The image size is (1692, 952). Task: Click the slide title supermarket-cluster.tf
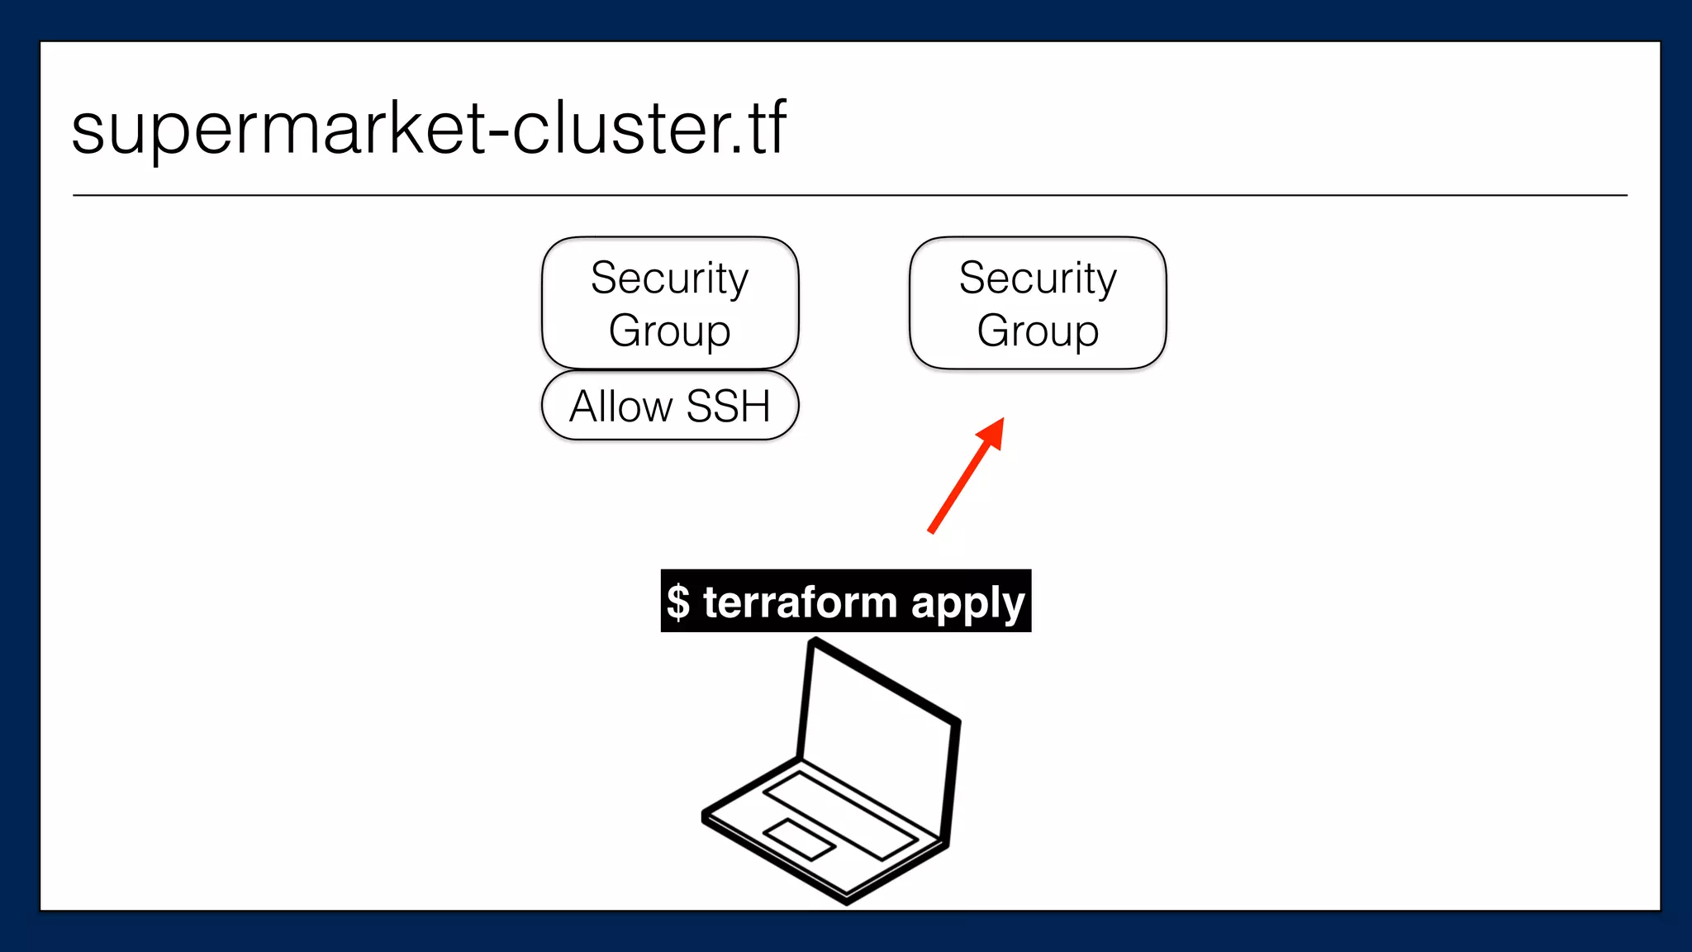(x=429, y=128)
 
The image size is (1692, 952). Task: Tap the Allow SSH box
(x=670, y=406)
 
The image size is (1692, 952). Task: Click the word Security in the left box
(x=669, y=278)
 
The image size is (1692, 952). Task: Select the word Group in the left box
(x=669, y=331)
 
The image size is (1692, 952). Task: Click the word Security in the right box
(x=1038, y=278)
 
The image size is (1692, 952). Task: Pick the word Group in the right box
(x=1038, y=331)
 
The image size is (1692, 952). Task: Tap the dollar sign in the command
(x=678, y=602)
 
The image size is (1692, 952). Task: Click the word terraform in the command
(x=800, y=602)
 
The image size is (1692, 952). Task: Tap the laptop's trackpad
(x=799, y=840)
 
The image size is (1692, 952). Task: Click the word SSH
(x=728, y=406)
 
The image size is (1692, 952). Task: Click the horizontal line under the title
(x=849, y=196)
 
